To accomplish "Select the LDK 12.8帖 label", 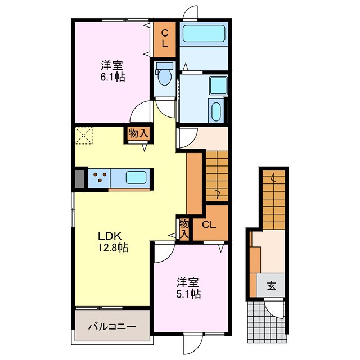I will click(114, 241).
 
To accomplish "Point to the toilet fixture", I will click(165, 75).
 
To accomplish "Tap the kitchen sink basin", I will click(136, 178).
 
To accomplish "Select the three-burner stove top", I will click(100, 178).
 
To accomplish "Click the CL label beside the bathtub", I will click(166, 38).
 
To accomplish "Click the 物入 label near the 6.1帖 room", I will click(138, 134).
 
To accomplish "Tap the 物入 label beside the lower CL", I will click(184, 228).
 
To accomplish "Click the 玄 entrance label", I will click(272, 286).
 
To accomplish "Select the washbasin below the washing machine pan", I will click(215, 110).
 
